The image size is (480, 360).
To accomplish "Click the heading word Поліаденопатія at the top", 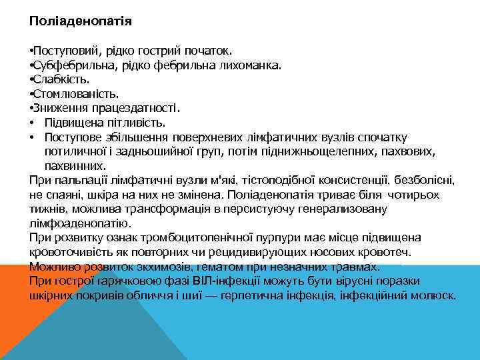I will pyautogui.click(x=81, y=21).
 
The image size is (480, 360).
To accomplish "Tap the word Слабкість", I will pyautogui.click(x=58, y=80).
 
